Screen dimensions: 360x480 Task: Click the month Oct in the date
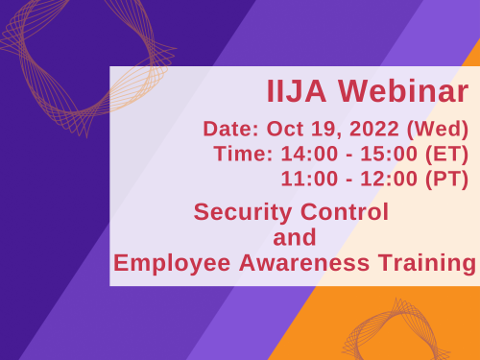coord(283,130)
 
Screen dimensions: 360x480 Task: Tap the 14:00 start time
coord(305,154)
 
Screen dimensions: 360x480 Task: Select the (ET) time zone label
coord(445,154)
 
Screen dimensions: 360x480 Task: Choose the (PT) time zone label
coord(445,179)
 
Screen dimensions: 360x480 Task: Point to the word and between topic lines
coord(295,236)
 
